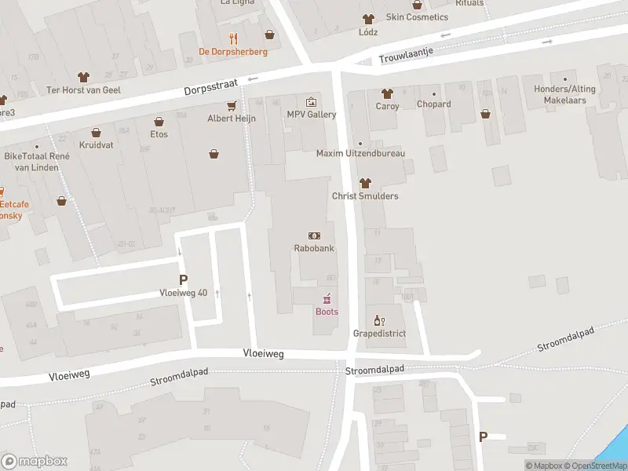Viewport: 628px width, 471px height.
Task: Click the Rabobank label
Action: point(314,249)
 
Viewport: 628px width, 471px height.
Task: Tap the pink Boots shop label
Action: point(327,312)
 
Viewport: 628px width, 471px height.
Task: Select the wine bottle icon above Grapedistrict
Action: point(378,319)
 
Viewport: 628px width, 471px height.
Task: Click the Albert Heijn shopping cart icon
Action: point(232,105)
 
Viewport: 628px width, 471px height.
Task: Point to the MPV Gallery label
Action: point(311,115)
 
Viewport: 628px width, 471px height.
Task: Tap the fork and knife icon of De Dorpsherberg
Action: point(232,38)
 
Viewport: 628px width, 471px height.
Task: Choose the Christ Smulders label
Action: point(365,196)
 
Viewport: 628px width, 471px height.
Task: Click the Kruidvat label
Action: point(96,145)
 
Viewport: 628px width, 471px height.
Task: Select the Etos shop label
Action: point(159,134)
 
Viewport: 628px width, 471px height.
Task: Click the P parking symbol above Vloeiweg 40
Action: point(184,279)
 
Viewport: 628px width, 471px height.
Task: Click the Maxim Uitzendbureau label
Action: point(360,154)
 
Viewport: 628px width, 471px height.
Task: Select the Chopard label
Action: point(433,104)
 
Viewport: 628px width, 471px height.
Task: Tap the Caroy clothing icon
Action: point(386,93)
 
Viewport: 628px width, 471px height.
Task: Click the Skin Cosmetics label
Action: point(417,17)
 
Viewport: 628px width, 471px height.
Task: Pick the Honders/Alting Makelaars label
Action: point(564,94)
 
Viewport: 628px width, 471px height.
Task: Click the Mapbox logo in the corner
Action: point(35,462)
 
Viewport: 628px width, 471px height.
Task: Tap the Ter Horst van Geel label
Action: point(84,89)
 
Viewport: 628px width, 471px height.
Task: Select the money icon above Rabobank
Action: point(314,235)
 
